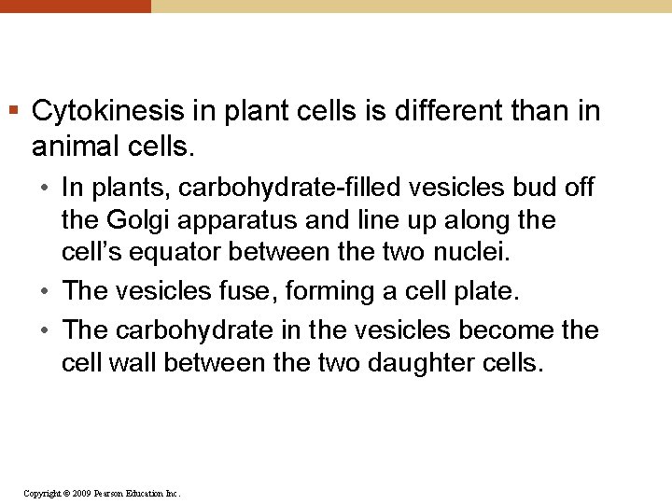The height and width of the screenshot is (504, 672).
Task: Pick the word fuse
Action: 249,291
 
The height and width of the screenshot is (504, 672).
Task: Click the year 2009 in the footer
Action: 81,493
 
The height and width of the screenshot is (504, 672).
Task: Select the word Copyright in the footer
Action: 43,493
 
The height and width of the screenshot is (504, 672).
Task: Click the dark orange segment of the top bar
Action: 75,6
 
